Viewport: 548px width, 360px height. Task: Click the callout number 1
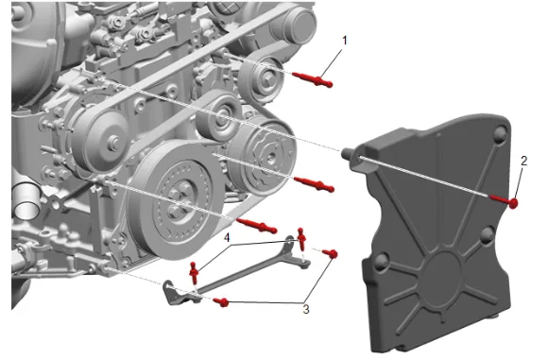[345, 41]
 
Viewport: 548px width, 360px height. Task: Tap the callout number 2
[523, 162]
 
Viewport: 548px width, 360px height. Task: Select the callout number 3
[306, 309]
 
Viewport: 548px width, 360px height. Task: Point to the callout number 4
[227, 238]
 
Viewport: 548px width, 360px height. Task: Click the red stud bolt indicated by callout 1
[312, 79]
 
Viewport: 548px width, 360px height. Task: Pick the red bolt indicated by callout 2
[504, 200]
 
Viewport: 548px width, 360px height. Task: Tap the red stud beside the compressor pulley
[315, 184]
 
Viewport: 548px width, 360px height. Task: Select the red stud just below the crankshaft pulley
[257, 226]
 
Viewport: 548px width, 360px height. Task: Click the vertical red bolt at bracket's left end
[195, 272]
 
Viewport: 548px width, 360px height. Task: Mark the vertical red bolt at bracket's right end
[300, 238]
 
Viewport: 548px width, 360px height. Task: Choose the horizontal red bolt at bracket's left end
[221, 301]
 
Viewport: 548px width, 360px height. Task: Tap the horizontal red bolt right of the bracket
[330, 253]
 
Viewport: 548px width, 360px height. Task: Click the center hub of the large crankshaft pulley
[180, 199]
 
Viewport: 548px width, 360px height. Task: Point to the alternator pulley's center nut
[112, 143]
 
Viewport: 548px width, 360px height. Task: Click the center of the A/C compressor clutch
[270, 157]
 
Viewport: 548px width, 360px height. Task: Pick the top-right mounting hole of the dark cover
[500, 132]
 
